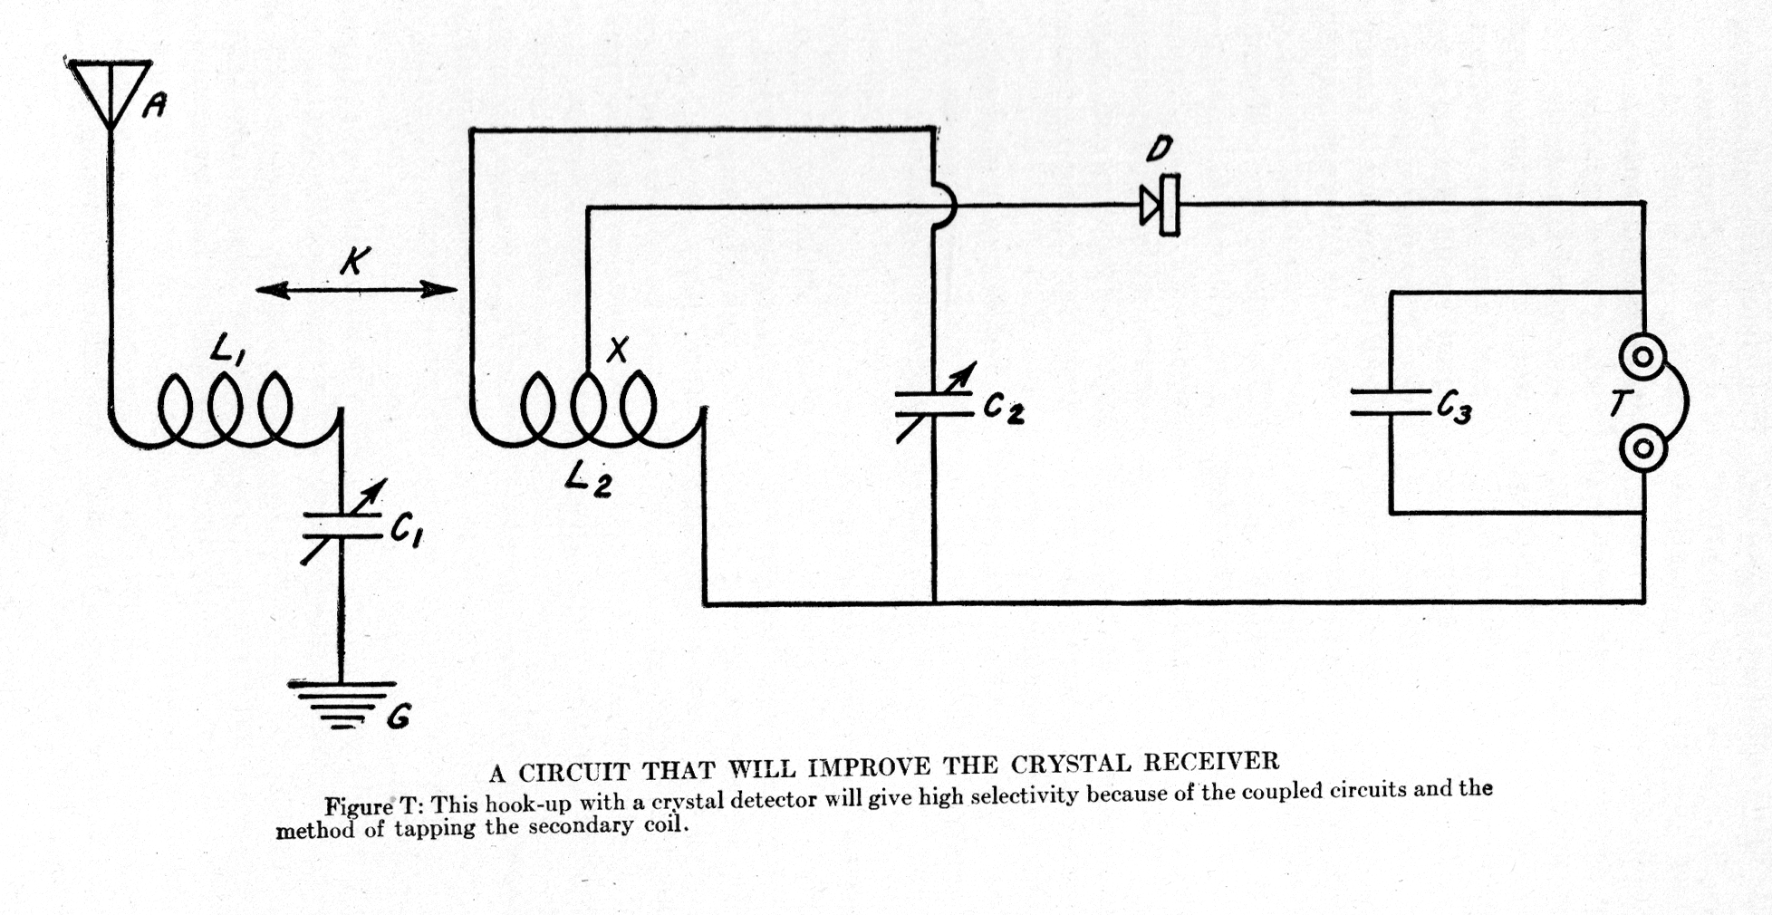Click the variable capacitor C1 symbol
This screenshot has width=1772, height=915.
(342, 525)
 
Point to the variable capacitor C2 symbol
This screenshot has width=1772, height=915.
(934, 403)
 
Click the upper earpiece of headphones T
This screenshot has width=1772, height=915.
(1642, 357)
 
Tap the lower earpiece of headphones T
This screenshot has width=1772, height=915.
(1642, 449)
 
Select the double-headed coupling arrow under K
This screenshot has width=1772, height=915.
(356, 290)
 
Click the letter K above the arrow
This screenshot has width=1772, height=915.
(354, 261)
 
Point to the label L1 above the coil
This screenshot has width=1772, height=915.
(226, 349)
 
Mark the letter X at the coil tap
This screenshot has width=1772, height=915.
(618, 349)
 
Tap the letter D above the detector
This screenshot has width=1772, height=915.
(1159, 149)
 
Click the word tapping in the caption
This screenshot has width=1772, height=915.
(435, 829)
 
